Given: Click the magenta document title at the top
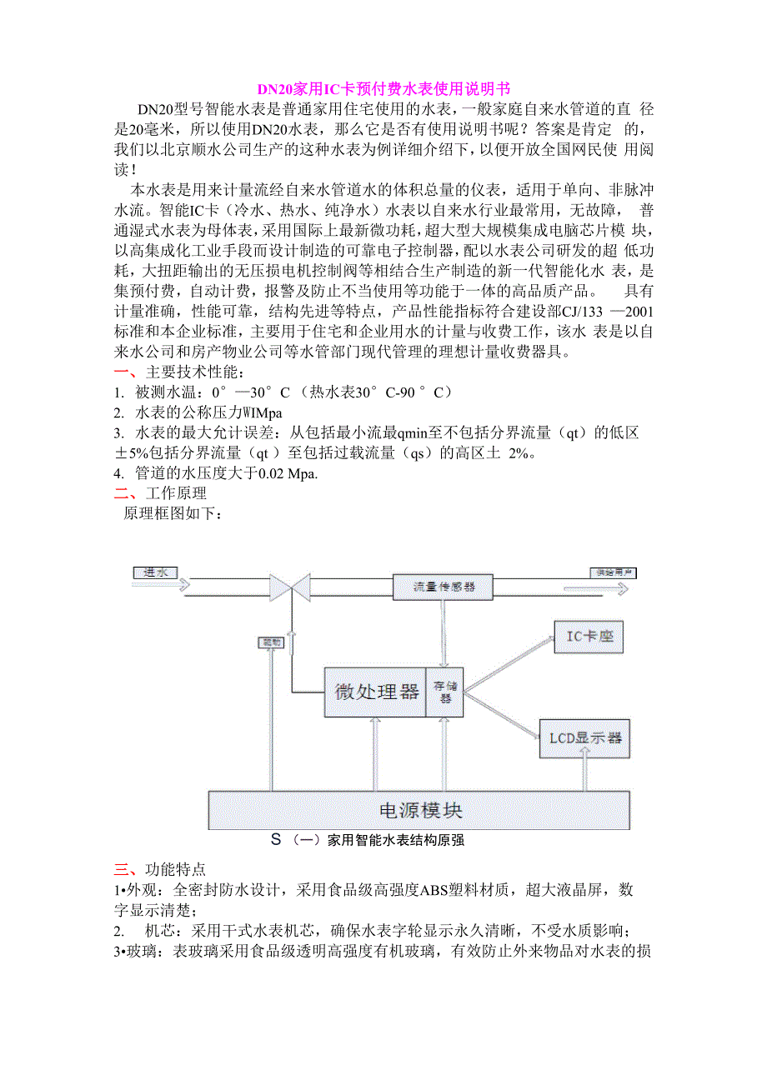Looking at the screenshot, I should coord(383,89).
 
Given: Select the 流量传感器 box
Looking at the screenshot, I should coord(443,587).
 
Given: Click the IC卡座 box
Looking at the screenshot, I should coord(589,637).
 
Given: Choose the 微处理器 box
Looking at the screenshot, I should coord(375,692).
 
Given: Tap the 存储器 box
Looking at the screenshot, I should coord(445,692).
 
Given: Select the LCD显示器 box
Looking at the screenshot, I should coord(584,737).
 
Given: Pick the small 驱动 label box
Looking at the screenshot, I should coord(273,642).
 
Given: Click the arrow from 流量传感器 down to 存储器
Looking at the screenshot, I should coord(443,633).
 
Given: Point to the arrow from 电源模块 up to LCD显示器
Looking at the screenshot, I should coord(584,775).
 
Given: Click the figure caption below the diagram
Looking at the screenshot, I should coord(367,841).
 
